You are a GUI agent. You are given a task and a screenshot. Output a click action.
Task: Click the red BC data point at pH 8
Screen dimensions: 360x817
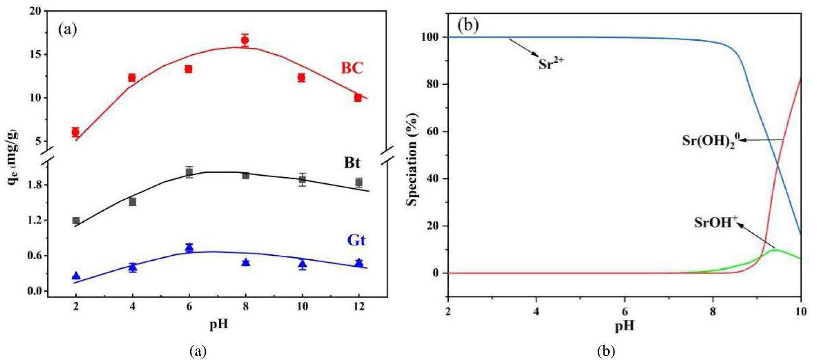point(245,40)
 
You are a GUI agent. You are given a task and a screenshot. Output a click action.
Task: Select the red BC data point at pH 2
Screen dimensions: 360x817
point(75,132)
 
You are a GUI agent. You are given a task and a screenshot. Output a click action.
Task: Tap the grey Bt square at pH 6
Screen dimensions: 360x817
point(189,173)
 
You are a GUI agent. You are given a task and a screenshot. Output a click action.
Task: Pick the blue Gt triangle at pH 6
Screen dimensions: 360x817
point(189,248)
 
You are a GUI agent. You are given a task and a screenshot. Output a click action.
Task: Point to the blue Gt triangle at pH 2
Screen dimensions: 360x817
point(76,276)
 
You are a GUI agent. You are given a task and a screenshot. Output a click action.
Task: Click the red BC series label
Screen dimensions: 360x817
point(352,68)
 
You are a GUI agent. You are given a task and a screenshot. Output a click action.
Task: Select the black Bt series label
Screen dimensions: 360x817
point(352,163)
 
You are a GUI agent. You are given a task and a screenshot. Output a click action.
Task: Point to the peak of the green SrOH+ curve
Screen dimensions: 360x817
point(774,250)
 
